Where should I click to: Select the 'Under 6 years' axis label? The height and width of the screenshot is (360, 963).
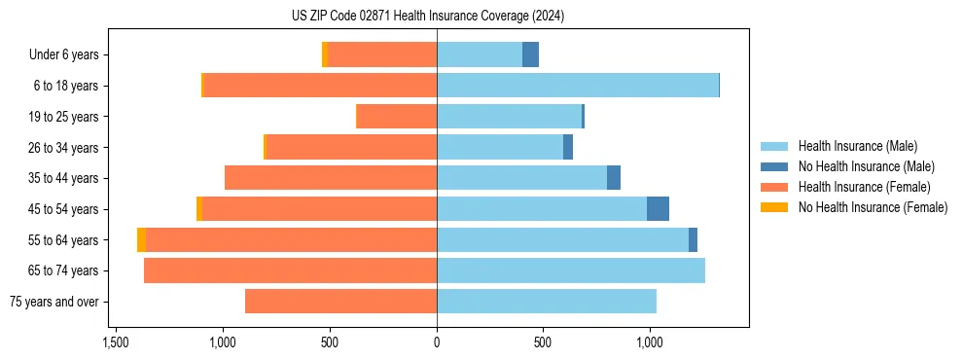click(64, 55)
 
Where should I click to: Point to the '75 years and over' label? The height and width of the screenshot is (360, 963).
click(54, 302)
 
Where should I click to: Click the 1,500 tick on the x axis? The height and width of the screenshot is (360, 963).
click(116, 343)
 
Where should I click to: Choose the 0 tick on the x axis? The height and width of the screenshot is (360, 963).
click(437, 343)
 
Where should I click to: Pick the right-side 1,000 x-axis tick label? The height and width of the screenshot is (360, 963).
click(650, 343)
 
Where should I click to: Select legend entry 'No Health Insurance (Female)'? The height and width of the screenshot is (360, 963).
click(873, 207)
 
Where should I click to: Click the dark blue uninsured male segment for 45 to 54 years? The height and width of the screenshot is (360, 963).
click(658, 209)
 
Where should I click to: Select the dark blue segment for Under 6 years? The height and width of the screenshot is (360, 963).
click(530, 55)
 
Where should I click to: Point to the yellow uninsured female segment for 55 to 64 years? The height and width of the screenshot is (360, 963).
click(142, 240)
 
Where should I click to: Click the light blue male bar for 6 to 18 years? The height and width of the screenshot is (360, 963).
click(577, 86)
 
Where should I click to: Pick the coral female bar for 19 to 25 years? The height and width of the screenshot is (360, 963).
click(397, 117)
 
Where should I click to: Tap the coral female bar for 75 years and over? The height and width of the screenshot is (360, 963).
click(340, 302)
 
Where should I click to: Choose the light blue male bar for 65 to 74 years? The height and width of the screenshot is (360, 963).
click(570, 270)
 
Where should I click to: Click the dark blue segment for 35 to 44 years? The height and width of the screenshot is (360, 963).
click(614, 178)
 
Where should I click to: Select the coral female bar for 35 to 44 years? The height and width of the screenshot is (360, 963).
click(331, 178)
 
